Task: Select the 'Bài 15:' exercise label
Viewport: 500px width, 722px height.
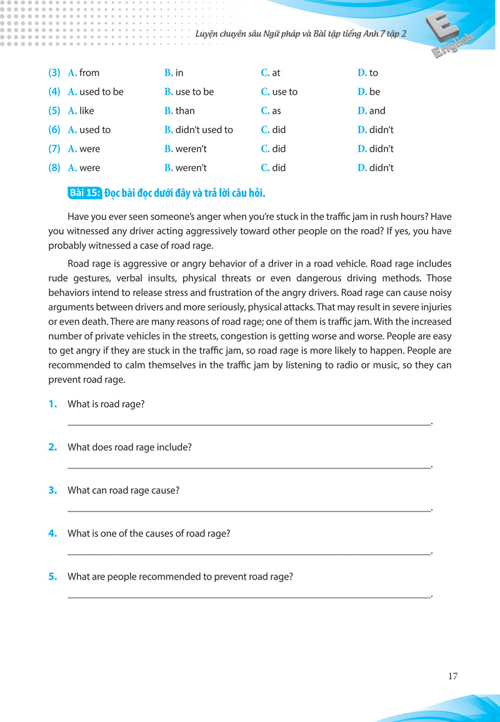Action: (x=85, y=193)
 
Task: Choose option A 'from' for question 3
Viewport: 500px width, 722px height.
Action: (x=83, y=72)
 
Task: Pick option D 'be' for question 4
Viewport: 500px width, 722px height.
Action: (x=369, y=92)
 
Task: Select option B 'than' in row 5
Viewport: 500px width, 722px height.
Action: (x=179, y=111)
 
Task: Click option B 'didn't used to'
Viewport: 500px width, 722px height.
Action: (x=199, y=130)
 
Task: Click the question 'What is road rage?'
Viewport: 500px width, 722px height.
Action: (x=106, y=404)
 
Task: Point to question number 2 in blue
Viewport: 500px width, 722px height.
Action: (x=53, y=447)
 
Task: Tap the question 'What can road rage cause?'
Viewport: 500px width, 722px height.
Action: (x=123, y=490)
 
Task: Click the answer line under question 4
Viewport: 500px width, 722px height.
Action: (x=249, y=554)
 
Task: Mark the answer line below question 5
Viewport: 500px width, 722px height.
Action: (x=249, y=597)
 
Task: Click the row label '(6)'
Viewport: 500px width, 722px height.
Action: (x=54, y=130)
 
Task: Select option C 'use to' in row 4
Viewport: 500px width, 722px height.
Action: (x=279, y=92)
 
